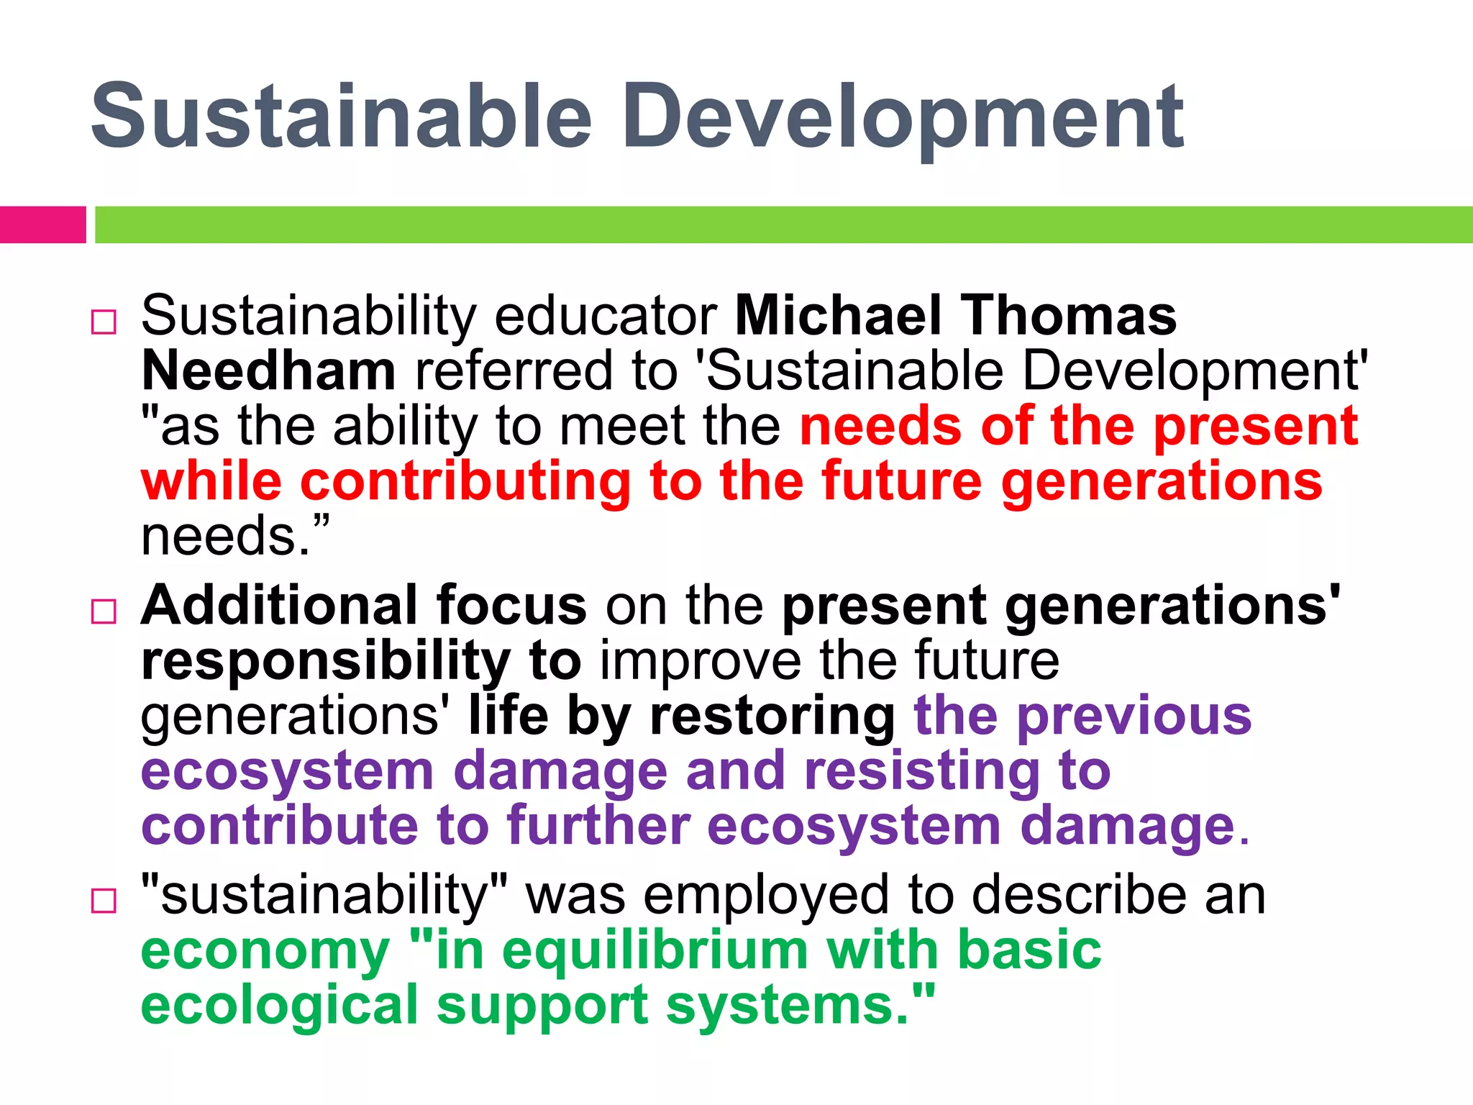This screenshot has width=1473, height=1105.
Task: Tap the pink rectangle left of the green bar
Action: (x=42, y=224)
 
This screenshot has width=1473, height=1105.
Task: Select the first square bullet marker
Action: (x=104, y=322)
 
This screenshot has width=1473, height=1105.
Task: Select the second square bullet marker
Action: (x=104, y=611)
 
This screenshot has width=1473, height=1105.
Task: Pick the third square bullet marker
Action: (x=104, y=901)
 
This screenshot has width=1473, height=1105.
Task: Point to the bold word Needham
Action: (x=268, y=370)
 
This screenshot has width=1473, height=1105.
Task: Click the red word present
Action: (x=1256, y=426)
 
